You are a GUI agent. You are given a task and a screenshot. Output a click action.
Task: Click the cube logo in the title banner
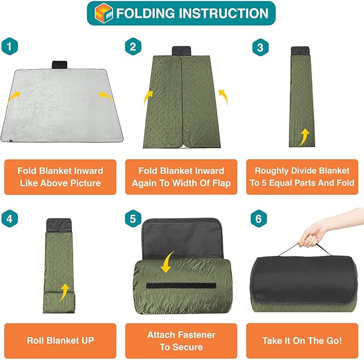(x=104, y=13)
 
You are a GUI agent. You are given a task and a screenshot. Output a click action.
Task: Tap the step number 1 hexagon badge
(x=10, y=47)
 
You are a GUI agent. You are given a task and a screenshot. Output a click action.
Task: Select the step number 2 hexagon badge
(x=133, y=47)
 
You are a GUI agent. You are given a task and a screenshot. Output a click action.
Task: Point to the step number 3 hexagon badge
(x=261, y=47)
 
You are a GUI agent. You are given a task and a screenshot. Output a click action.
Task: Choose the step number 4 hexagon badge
(x=10, y=219)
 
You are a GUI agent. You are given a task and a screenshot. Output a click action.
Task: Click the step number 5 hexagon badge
(x=133, y=219)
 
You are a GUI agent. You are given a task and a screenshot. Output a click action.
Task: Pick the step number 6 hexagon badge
(x=259, y=219)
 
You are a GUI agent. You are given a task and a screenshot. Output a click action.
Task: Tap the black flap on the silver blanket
(x=60, y=65)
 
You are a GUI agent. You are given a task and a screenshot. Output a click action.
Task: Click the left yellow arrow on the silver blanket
(x=14, y=96)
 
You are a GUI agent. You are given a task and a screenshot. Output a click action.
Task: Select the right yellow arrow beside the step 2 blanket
(x=224, y=97)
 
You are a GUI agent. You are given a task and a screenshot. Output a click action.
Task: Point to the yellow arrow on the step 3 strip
(x=304, y=137)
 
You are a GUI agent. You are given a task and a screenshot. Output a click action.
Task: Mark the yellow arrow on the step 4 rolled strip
(x=64, y=292)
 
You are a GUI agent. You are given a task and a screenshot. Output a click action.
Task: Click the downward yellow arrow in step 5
(x=168, y=261)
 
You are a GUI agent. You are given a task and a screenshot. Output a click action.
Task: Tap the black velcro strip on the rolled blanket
(x=181, y=286)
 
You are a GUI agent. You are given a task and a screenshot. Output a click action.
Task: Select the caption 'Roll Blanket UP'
(x=61, y=341)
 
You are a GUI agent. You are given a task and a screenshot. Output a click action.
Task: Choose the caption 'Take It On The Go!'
(x=302, y=341)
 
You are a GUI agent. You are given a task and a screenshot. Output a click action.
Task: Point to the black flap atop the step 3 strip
(x=300, y=50)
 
